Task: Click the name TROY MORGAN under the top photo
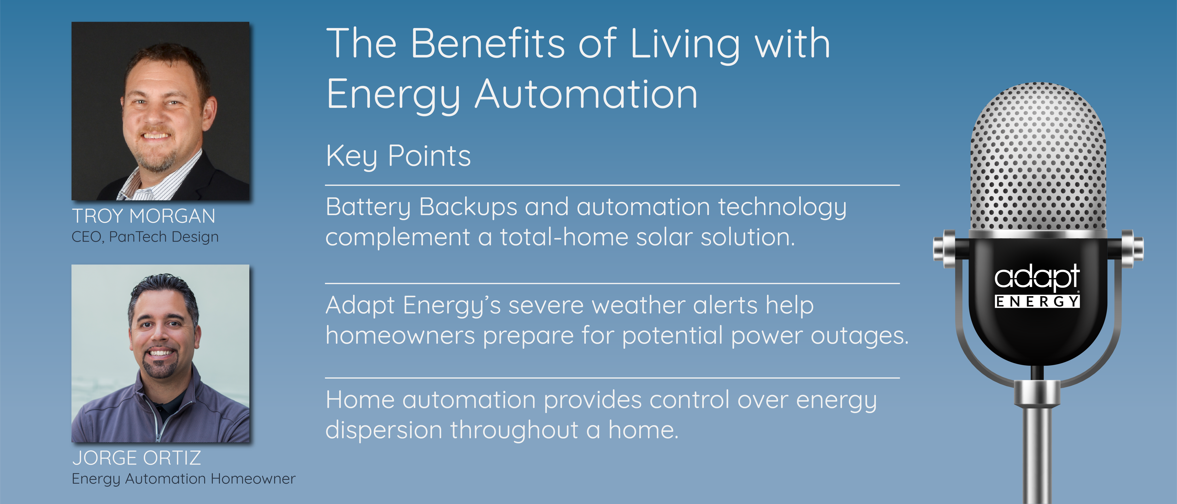(x=143, y=216)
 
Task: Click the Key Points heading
(x=398, y=156)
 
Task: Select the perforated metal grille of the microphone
(x=1038, y=157)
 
